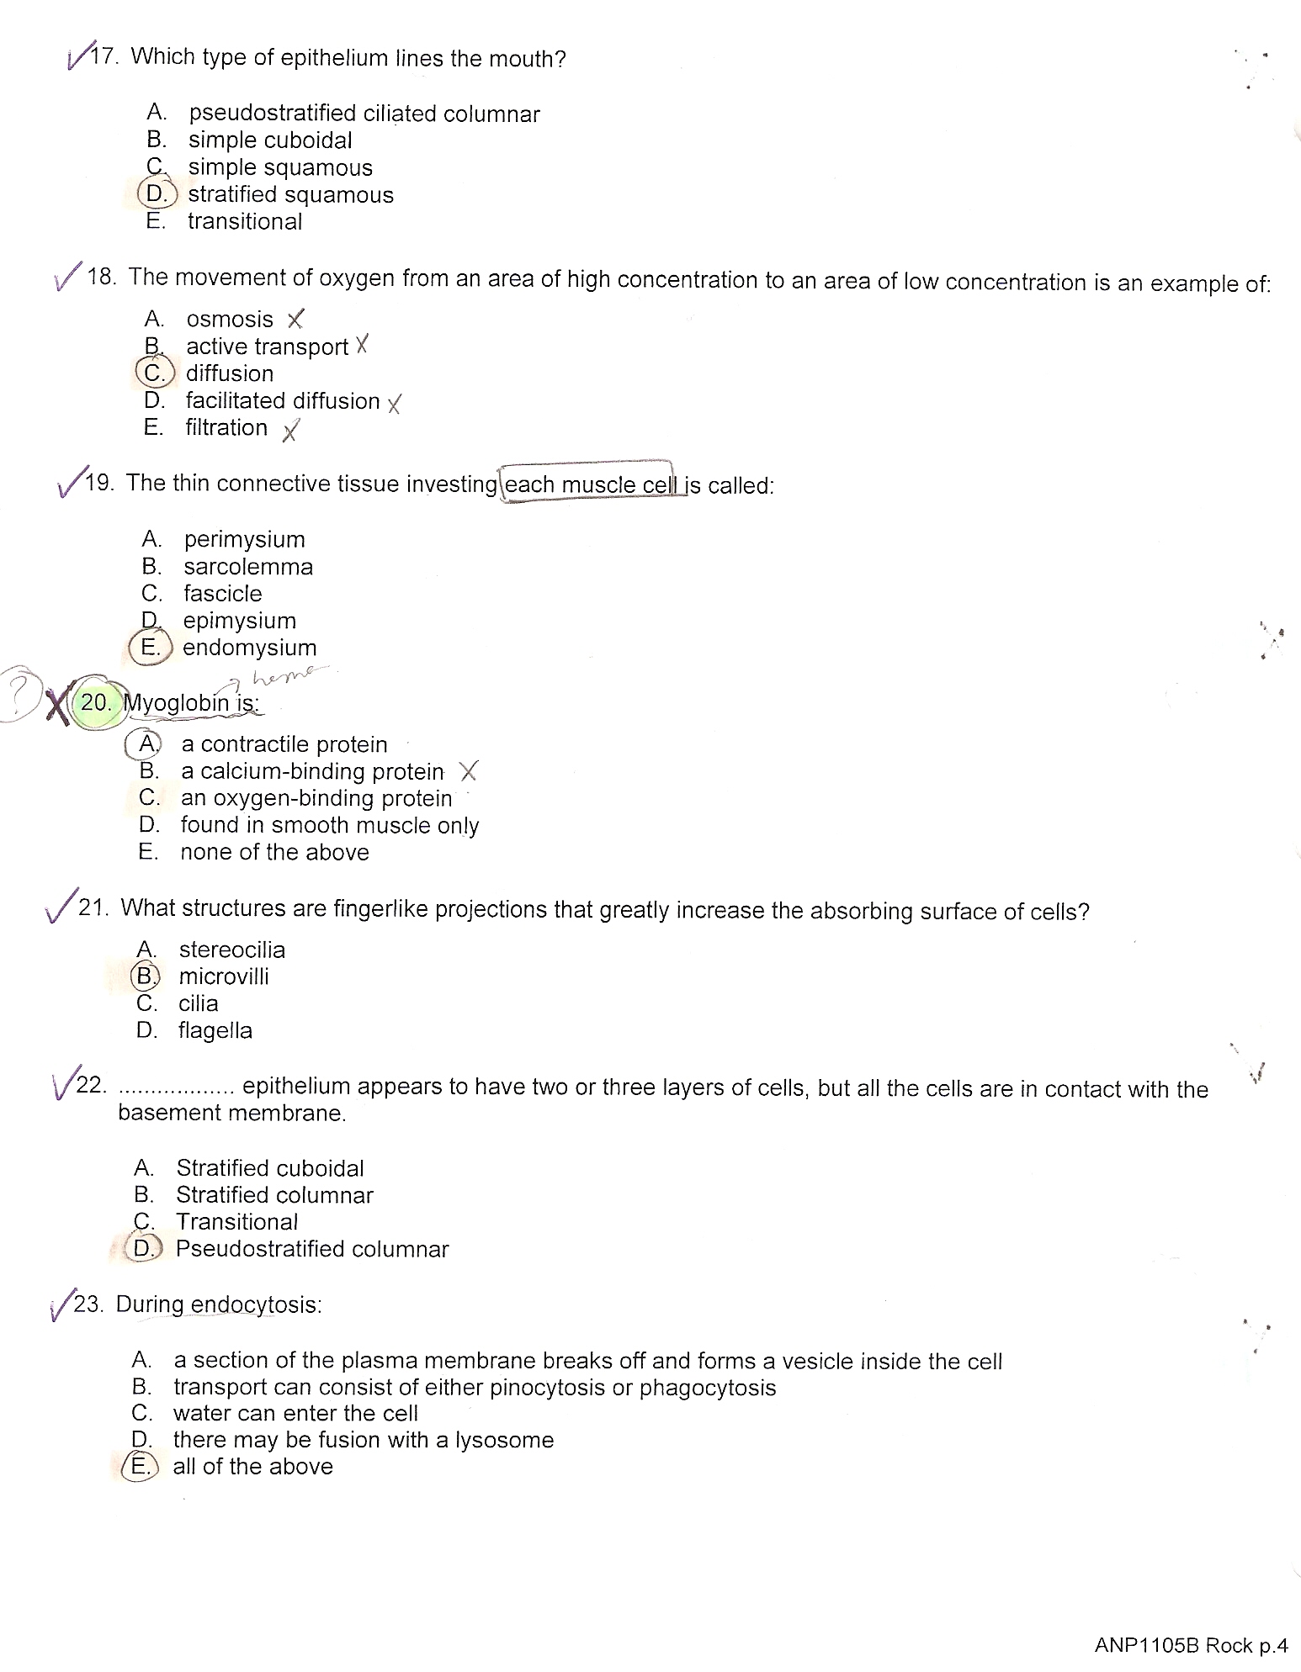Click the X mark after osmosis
295,320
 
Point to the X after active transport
362,345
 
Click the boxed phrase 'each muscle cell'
589,484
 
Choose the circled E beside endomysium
151,648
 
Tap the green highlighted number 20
97,702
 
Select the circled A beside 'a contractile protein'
147,743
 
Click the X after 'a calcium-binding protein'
469,770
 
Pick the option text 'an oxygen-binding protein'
316,798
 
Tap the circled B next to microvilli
146,976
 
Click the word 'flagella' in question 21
215,1030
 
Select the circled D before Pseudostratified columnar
144,1249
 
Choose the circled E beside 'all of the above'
141,1466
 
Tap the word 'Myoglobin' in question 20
176,702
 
